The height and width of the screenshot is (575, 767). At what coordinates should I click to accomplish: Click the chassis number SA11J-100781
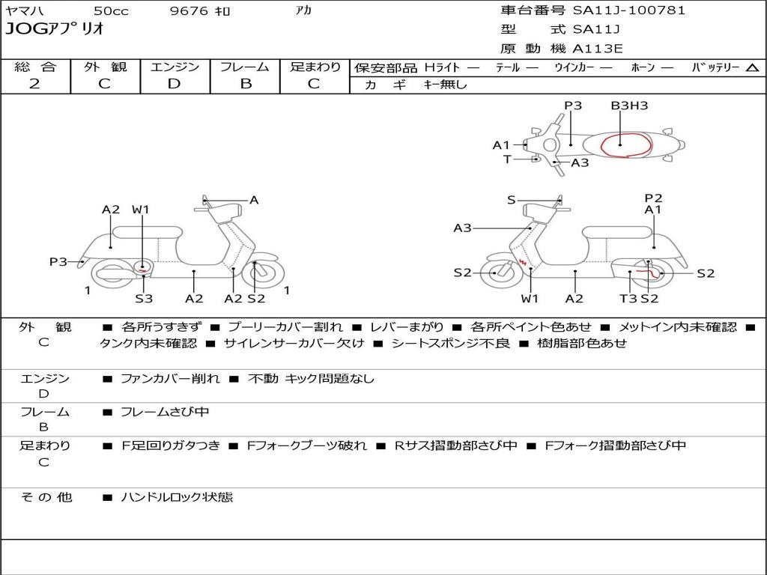[x=629, y=10]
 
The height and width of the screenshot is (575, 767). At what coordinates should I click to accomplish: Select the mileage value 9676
[x=189, y=11]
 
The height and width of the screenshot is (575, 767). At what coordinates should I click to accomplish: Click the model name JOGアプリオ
[x=55, y=30]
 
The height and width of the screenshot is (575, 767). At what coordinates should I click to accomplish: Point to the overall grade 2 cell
[x=34, y=84]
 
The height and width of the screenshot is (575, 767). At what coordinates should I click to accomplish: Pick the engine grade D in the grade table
[x=175, y=84]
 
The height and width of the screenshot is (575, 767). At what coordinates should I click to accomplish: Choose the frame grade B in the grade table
[x=246, y=84]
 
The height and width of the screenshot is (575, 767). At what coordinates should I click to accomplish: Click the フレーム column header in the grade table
[x=245, y=67]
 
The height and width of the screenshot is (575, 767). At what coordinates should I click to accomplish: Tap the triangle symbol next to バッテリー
[x=752, y=67]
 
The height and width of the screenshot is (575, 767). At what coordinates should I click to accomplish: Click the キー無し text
[x=445, y=85]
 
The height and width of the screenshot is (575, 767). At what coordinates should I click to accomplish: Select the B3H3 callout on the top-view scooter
[x=629, y=106]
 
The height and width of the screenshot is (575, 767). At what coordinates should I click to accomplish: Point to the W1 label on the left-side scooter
[x=141, y=210]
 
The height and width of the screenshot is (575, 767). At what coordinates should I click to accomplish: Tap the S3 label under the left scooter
[x=144, y=299]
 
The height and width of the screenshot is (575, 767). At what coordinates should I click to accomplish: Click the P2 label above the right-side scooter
[x=653, y=198]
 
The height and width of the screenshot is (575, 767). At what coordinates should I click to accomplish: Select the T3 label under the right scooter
[x=628, y=299]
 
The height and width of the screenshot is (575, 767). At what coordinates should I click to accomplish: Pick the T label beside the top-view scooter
[x=507, y=159]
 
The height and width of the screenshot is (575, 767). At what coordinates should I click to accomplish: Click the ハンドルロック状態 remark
[x=177, y=497]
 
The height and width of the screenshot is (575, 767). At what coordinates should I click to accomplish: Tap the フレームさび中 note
[x=165, y=412]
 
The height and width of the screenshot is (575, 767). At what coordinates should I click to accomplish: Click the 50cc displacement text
[x=110, y=11]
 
